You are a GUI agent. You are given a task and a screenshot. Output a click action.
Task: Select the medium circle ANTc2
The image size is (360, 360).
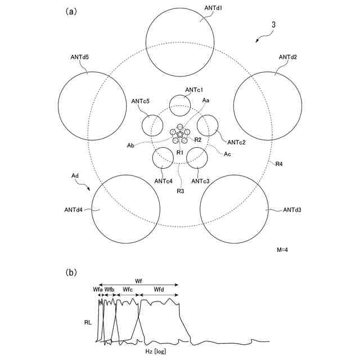(207, 125)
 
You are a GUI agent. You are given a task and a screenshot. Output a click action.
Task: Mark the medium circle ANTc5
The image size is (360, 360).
(152, 125)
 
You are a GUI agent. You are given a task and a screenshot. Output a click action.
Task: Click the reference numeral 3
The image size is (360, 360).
(273, 25)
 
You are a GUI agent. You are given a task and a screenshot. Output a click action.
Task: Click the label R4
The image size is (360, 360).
(280, 164)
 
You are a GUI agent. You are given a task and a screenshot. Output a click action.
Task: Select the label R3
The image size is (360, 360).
(180, 192)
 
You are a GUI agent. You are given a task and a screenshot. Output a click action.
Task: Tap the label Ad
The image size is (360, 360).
(75, 176)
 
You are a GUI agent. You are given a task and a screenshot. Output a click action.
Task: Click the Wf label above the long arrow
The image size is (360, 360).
(138, 280)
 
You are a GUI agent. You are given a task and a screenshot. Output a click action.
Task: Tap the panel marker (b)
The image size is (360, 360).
(71, 272)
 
